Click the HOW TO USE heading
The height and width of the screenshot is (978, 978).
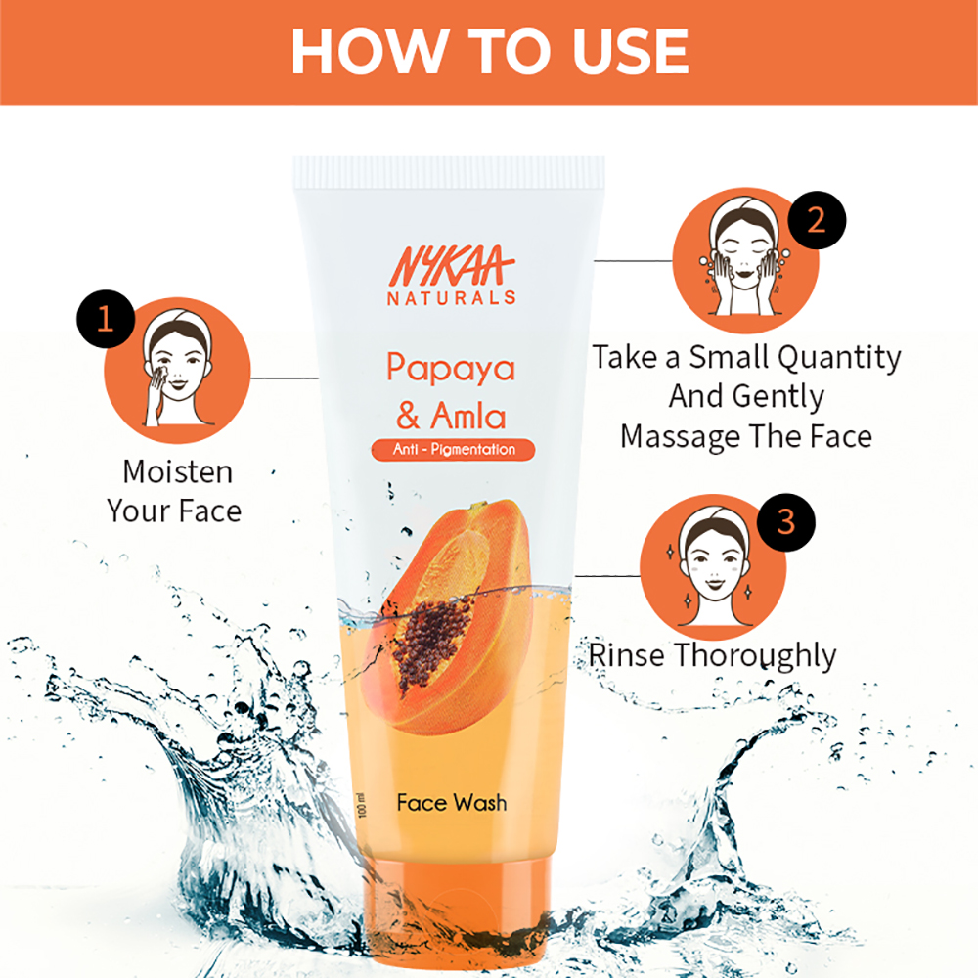pyautogui.click(x=489, y=52)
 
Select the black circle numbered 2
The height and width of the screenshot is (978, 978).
pyautogui.click(x=815, y=218)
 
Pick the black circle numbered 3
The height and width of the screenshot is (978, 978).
pyautogui.click(x=786, y=522)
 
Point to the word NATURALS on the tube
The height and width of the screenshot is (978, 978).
pyautogui.click(x=451, y=297)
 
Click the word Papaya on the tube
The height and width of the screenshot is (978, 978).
pyautogui.click(x=451, y=369)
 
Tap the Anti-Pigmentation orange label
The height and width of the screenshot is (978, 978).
pyautogui.click(x=453, y=450)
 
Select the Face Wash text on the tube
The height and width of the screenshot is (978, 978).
pyautogui.click(x=452, y=803)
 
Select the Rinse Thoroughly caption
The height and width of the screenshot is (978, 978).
pyautogui.click(x=711, y=654)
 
